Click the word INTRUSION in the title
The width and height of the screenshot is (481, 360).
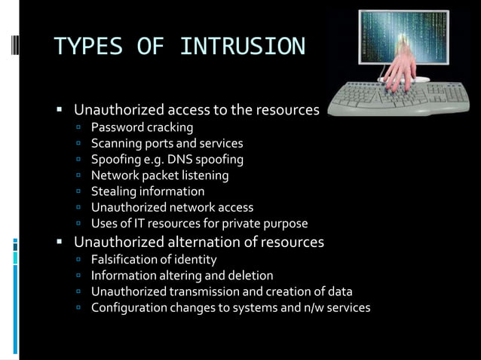point(243,47)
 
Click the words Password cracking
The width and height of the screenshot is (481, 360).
point(142,127)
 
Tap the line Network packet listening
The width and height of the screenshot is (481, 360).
point(160,175)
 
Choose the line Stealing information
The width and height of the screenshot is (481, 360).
point(148,191)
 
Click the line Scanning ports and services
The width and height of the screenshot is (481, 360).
point(167,143)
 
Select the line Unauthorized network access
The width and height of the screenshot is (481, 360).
point(172,207)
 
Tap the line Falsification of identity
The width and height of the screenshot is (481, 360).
point(154,259)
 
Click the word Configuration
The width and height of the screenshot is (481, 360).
point(129,308)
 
